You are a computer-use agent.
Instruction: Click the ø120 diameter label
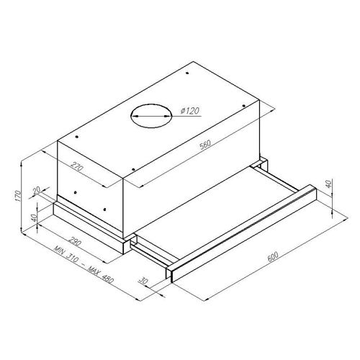pyautogui.click(x=190, y=111)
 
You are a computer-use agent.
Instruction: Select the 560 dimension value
pyautogui.click(x=205, y=145)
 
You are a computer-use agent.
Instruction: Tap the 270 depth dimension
pyautogui.click(x=77, y=166)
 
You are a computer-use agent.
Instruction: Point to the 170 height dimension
pyautogui.click(x=17, y=196)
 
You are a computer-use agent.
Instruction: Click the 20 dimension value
pyautogui.click(x=37, y=190)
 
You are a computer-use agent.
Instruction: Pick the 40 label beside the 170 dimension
pyautogui.click(x=34, y=217)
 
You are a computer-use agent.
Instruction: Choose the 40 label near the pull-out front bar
pyautogui.click(x=328, y=184)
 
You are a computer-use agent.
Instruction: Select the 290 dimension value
pyautogui.click(x=75, y=241)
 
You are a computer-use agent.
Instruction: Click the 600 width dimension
pyautogui.click(x=273, y=256)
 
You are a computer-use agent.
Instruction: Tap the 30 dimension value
pyautogui.click(x=143, y=280)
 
